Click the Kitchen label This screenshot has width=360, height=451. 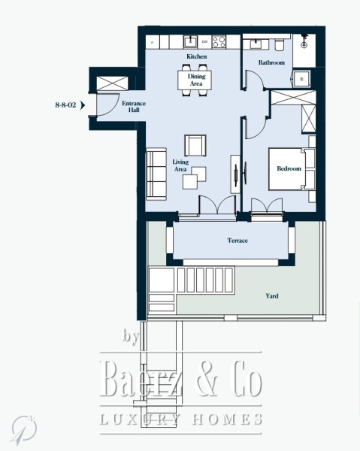(x=196, y=56)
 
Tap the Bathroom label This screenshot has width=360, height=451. (x=271, y=63)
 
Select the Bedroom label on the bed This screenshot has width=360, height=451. (x=289, y=169)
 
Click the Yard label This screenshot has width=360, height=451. (x=272, y=296)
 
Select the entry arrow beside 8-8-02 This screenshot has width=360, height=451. (x=83, y=105)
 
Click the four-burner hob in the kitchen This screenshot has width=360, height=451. (x=220, y=41)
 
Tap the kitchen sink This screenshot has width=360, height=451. (x=192, y=41)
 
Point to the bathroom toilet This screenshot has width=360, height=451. (x=278, y=42)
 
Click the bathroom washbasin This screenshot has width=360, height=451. (x=257, y=41)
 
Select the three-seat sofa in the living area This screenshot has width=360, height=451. (x=156, y=174)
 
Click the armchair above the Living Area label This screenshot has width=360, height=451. (x=195, y=144)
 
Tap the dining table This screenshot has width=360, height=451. (x=195, y=78)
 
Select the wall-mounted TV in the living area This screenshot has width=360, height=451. (x=235, y=174)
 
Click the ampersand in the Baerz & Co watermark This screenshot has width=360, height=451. (x=201, y=381)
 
